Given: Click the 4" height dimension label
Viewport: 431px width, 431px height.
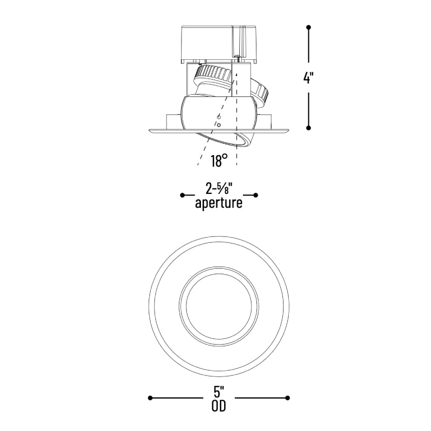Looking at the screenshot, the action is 308,78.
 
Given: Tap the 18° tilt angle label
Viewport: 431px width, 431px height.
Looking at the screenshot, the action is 219,161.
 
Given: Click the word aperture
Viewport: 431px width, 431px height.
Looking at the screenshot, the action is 219,204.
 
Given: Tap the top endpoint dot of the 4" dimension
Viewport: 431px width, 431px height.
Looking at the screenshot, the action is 308,27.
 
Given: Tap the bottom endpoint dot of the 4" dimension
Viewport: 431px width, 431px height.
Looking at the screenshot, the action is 308,128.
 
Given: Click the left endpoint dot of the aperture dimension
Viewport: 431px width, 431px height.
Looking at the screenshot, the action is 183,195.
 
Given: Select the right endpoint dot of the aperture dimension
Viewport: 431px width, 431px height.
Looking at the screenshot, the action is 255,195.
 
